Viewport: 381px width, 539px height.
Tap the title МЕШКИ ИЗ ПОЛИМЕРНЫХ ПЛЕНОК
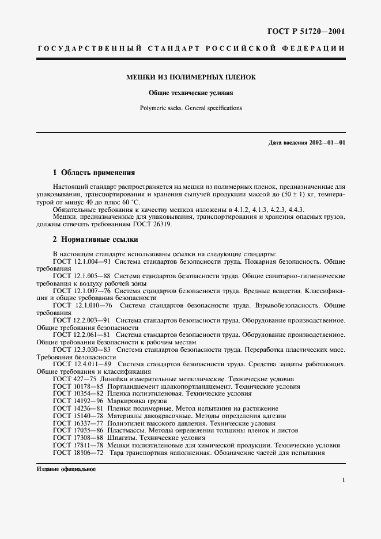point(191,77)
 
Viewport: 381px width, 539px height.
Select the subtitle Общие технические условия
point(191,92)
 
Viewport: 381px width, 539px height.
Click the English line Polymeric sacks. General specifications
point(191,108)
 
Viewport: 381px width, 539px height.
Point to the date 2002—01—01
point(326,142)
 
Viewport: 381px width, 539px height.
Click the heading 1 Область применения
point(93,172)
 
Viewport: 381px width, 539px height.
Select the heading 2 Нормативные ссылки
point(95,240)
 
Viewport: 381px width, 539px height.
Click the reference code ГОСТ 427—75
point(74,379)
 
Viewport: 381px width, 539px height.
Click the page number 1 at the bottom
point(344,480)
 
